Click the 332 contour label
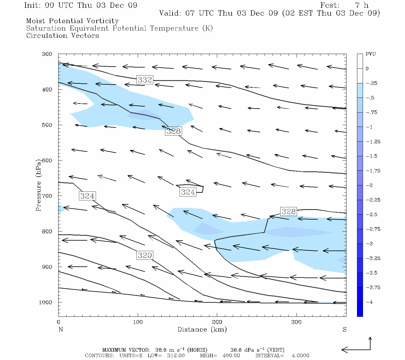tap(145, 80)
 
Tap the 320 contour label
tap(145, 255)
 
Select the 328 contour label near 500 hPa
tap(173, 131)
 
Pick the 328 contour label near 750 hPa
tap(288, 211)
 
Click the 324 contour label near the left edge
tap(87, 196)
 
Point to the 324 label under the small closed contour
tap(188, 192)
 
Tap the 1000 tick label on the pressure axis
tap(46, 302)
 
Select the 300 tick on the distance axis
tap(296, 322)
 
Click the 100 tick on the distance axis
tap(138, 322)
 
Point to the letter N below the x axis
tap(61, 329)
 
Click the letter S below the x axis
tap(344, 329)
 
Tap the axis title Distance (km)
tap(202, 329)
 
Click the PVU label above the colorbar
tap(370, 54)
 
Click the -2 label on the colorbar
tap(370, 185)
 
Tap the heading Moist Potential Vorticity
tap(72, 21)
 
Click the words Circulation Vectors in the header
tap(62, 36)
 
